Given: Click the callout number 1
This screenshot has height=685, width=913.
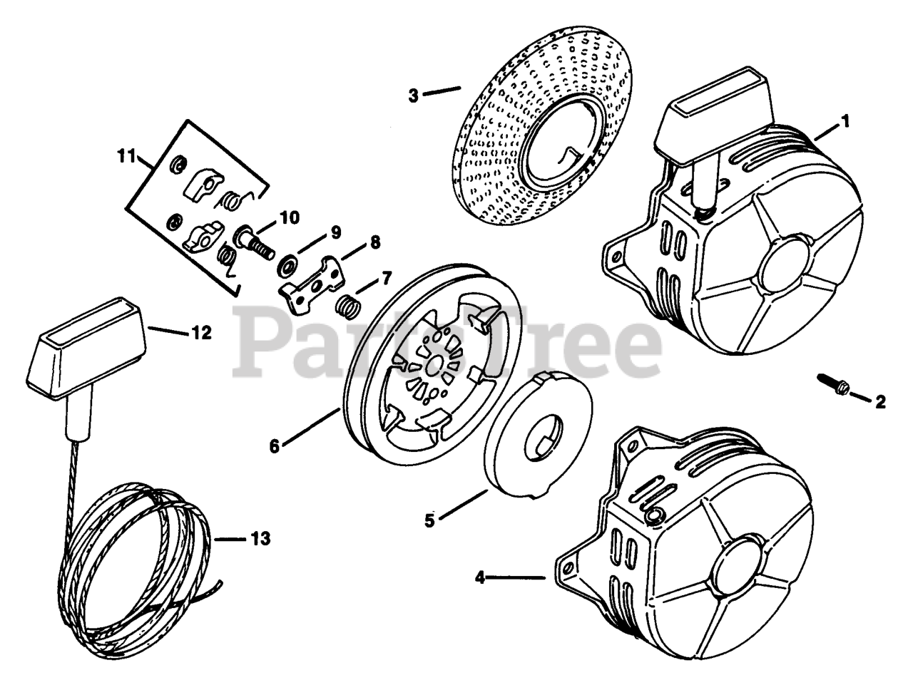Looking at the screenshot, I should point(845,122).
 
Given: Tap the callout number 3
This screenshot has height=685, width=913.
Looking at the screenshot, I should point(413,94).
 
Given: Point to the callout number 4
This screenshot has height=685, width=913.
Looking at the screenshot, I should point(480,577).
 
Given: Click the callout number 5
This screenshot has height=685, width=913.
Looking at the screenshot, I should point(429,520).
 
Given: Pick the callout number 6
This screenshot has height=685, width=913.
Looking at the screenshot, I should point(275,446).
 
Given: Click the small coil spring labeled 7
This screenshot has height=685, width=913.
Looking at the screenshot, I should point(347,308).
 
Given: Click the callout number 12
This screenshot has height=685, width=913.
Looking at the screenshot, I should point(202,333).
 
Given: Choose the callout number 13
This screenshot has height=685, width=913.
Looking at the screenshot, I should point(260,539).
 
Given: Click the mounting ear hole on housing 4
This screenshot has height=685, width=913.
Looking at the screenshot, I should point(568,568).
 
